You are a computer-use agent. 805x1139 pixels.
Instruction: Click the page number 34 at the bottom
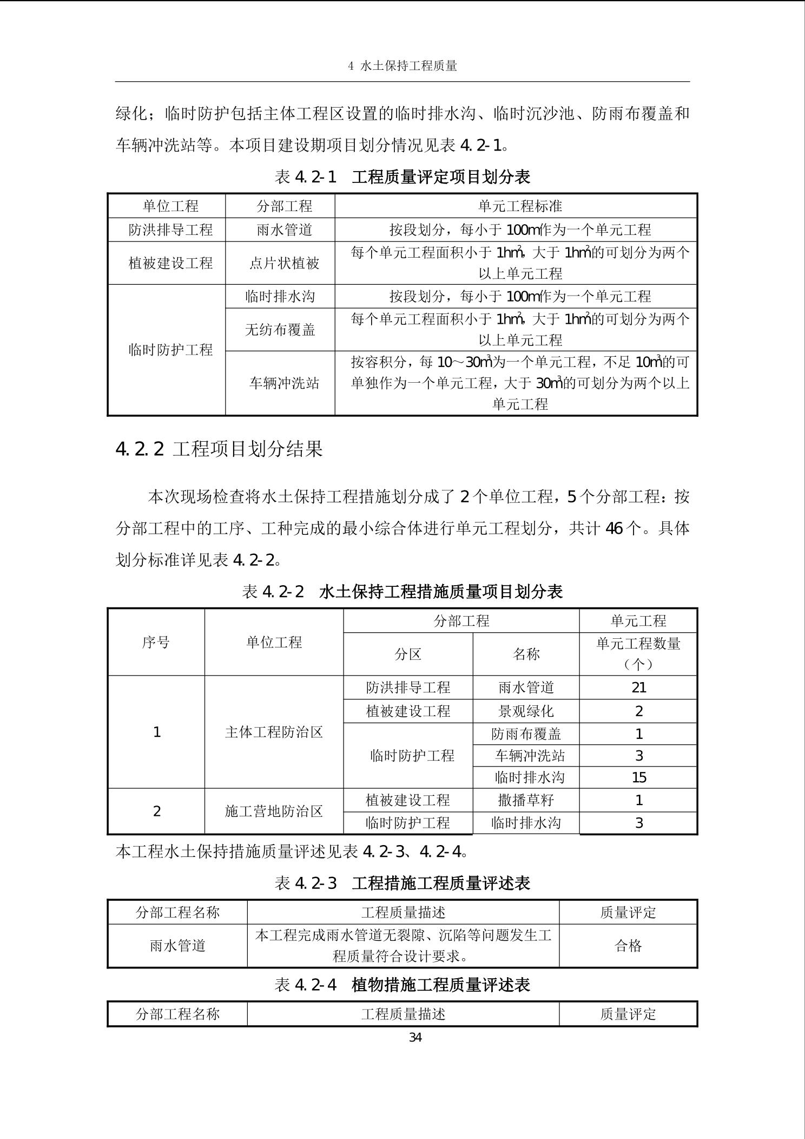(415, 1037)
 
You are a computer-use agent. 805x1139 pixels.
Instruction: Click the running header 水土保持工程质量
(402, 66)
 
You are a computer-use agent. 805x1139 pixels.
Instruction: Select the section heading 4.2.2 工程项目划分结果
(219, 449)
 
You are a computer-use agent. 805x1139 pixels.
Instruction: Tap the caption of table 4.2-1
(402, 176)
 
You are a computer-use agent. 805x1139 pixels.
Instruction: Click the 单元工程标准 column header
(520, 206)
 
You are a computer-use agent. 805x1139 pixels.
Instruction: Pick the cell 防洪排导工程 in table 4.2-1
(170, 230)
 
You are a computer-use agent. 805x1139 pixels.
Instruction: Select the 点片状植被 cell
(284, 263)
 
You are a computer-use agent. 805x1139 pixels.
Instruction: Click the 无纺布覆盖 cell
(280, 329)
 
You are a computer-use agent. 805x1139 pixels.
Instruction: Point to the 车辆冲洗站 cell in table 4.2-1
(284, 383)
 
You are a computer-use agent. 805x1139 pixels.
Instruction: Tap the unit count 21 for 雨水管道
(638, 688)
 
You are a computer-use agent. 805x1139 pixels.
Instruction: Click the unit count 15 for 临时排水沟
(638, 777)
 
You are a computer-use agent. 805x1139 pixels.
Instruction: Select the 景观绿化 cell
(526, 711)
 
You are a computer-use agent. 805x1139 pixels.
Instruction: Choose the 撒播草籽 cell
(526, 800)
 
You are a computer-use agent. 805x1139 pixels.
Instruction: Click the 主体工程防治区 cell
(274, 732)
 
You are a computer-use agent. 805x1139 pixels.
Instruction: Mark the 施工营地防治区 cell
(274, 811)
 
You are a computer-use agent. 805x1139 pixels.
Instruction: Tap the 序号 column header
(156, 642)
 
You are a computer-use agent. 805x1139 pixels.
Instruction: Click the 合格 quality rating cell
(628, 945)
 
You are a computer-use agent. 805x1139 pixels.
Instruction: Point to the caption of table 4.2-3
(402, 883)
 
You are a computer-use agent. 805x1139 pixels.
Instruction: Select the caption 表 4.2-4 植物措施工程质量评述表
(402, 984)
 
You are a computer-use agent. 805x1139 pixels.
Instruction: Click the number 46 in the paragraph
(614, 528)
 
